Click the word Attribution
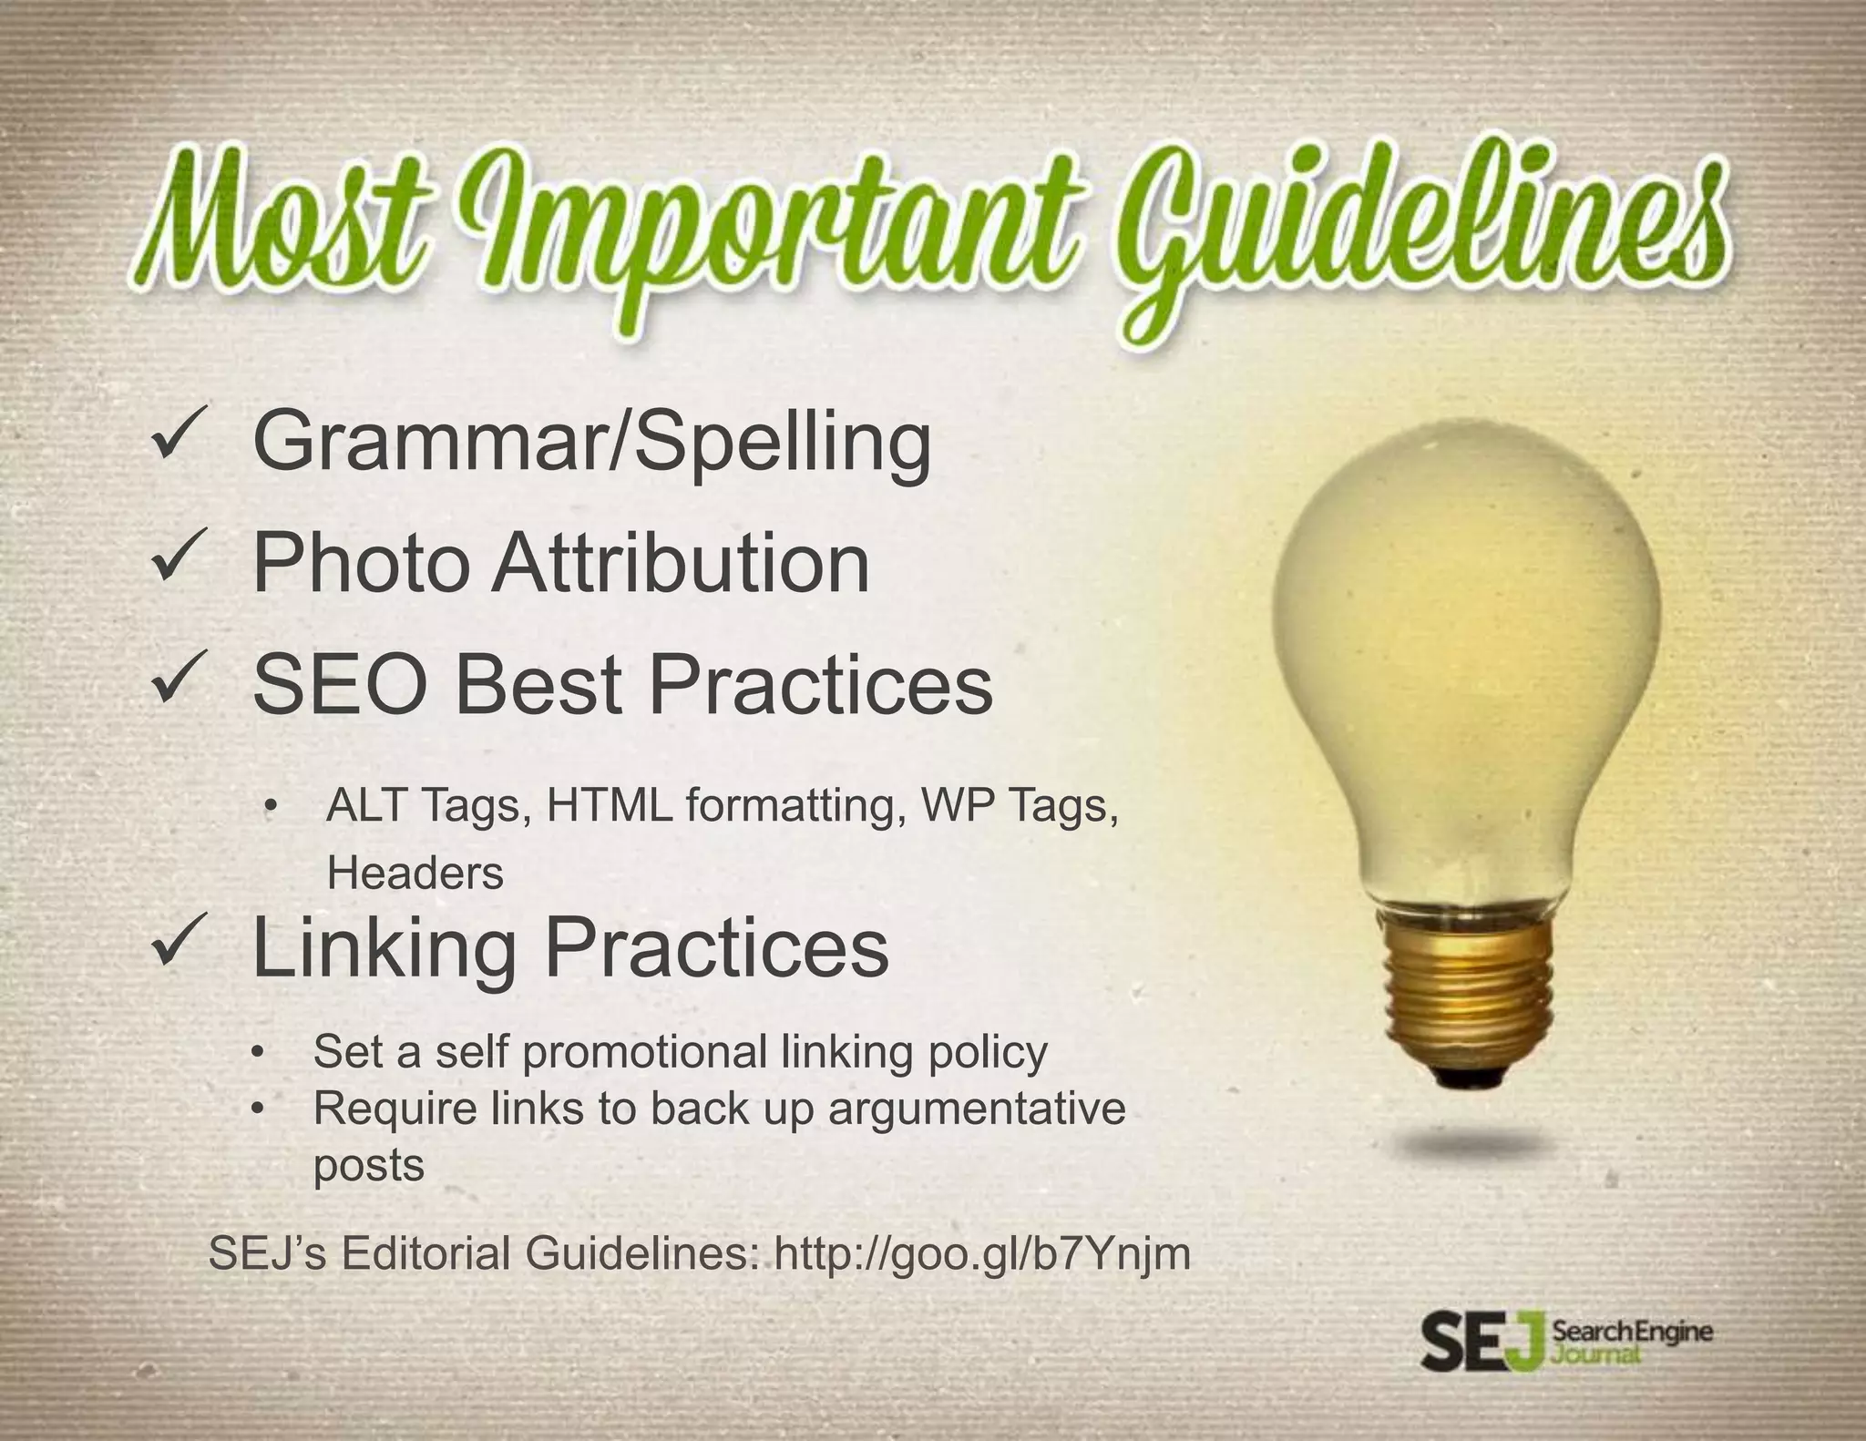[x=681, y=564]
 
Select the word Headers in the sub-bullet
[x=415, y=874]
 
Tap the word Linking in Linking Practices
[x=384, y=948]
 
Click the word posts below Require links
[x=369, y=1165]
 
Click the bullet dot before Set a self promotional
[x=260, y=1053]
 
